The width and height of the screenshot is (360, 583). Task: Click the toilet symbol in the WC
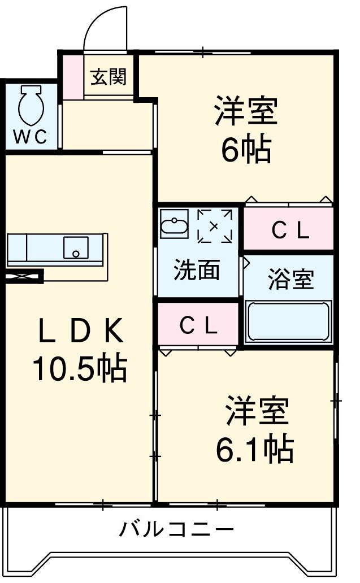tap(29, 106)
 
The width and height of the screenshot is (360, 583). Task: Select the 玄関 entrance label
tap(109, 77)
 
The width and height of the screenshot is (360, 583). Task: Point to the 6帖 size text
tap(246, 149)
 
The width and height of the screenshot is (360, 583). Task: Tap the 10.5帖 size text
tap(79, 368)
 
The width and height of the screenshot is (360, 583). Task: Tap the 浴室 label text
tap(290, 280)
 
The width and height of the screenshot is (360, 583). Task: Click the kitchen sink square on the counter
tap(75, 247)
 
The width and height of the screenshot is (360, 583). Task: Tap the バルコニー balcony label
tap(176, 530)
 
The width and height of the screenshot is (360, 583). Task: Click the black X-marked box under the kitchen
tap(24, 276)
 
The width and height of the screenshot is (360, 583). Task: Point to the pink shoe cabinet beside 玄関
tap(72, 76)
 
